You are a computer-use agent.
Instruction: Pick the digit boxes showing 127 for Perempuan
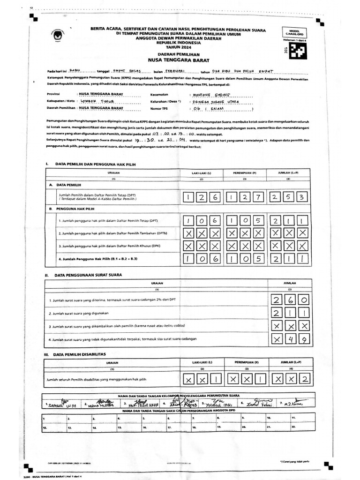click(x=243, y=197)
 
